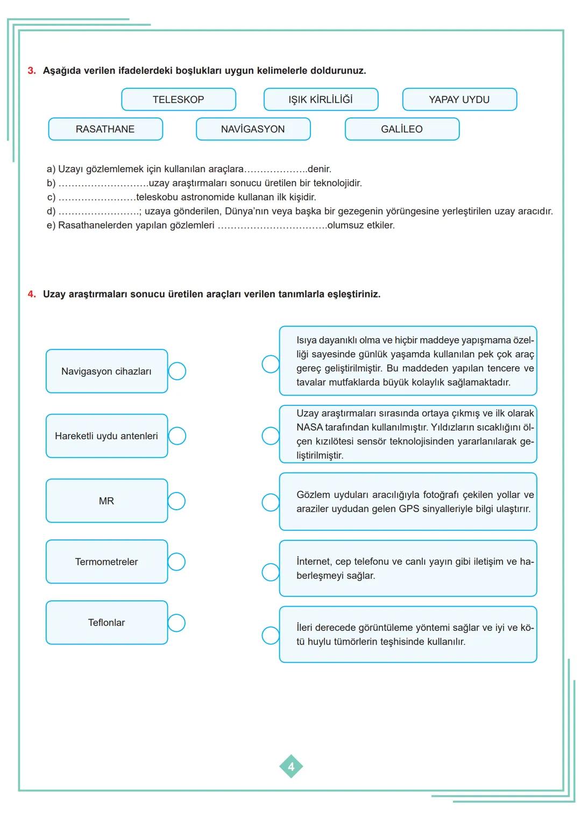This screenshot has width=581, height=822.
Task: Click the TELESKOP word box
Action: pos(179,100)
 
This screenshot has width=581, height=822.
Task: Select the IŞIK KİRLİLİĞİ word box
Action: pos(321,100)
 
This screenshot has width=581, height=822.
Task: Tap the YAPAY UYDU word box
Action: pos(459,100)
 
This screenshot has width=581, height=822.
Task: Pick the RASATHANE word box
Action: pos(105,129)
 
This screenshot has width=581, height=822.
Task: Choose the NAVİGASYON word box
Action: pos(253,129)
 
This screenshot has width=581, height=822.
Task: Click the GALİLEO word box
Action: pos(402,129)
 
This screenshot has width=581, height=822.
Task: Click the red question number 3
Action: pos(32,71)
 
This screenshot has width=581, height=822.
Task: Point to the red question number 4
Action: pos(32,294)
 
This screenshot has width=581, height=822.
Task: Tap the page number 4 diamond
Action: pos(291,767)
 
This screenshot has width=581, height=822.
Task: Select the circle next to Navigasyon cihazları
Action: pos(177,371)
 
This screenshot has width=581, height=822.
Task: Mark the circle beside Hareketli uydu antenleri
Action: pos(177,436)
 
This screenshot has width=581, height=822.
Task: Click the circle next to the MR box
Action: pos(176,501)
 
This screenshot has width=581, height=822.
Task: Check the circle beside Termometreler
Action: pos(176,562)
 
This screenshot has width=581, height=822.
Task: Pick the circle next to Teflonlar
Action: pos(176,623)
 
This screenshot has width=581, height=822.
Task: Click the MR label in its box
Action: pos(107,501)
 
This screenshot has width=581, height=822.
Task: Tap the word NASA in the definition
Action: pos(309,427)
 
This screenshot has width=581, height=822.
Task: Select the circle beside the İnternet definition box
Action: pos(271,572)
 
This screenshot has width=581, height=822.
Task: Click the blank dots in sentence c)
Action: pos(97,198)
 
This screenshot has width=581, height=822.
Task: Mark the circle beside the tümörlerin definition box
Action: pos(271,635)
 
